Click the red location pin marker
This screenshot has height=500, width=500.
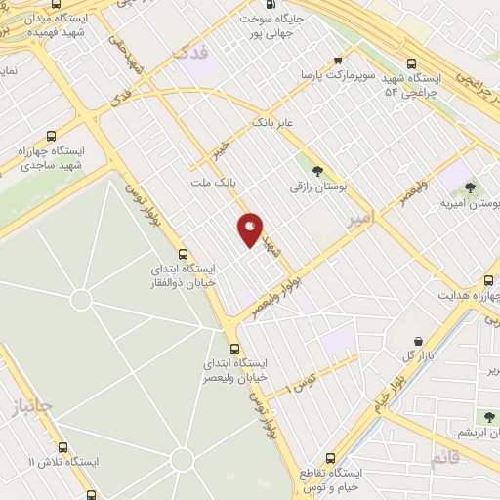tap(250, 229)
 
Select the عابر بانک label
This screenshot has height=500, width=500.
tap(273, 124)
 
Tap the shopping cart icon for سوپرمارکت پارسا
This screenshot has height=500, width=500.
tap(338, 59)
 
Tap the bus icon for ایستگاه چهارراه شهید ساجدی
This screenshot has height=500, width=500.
tap(51, 137)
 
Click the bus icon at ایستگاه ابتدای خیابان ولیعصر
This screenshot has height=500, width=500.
tap(234, 349)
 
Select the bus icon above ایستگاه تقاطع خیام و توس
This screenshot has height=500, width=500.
tap(330, 457)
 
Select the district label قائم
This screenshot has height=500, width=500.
tap(445, 460)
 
